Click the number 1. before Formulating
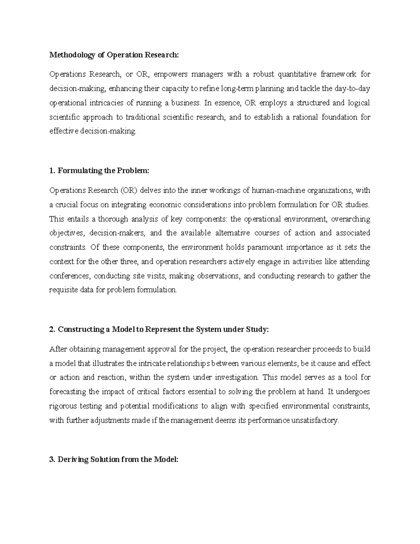[52, 171]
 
